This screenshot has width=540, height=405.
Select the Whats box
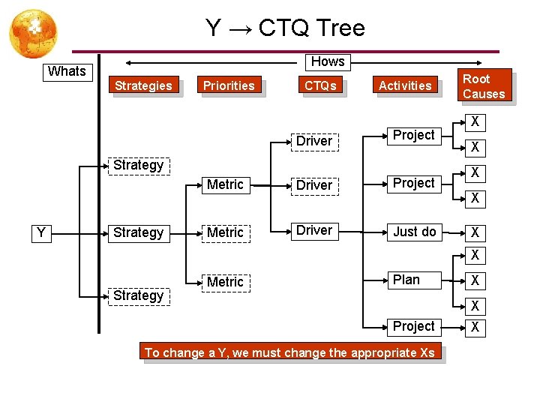pos(67,71)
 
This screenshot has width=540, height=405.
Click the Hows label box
pos(328,61)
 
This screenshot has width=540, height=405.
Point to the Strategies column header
pos(143,85)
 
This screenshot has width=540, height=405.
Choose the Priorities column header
pos(229,85)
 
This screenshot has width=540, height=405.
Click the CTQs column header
pos(320,85)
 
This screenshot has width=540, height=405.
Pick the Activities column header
pos(405,85)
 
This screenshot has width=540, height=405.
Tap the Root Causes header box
pos(484,86)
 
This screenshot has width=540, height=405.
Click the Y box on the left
pos(42,232)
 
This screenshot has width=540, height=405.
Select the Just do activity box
pos(415,232)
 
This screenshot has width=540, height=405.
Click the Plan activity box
pos(406,280)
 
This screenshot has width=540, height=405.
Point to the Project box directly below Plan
pos(414,326)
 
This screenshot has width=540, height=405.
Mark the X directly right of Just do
pos(475,232)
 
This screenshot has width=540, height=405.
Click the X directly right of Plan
pos(475,280)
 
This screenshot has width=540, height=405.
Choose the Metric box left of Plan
pos(225,282)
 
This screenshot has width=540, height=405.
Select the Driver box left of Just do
pos(314,230)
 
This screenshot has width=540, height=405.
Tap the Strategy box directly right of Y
pos(138,232)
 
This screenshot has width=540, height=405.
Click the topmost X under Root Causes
pos(475,121)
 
